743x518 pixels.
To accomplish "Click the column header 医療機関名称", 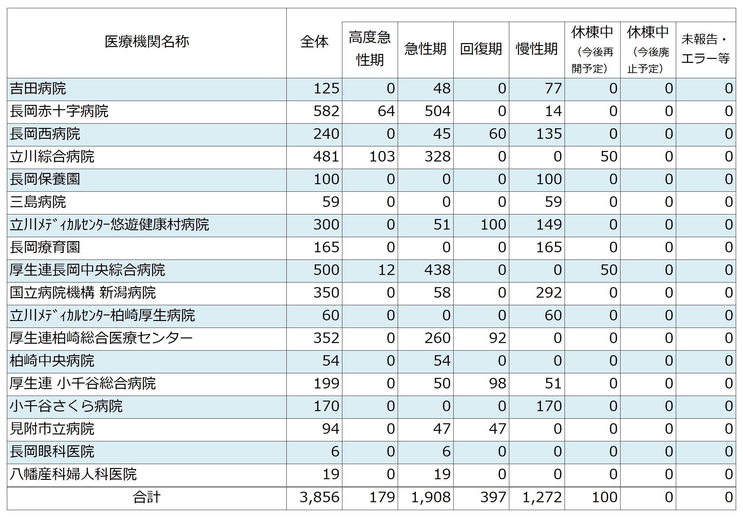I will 147,42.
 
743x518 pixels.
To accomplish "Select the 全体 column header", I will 314,42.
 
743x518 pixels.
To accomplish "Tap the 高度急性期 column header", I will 370,49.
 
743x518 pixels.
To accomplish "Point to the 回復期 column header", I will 481,49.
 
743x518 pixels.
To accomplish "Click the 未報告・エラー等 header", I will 705,49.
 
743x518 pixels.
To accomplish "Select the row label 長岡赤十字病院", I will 59,111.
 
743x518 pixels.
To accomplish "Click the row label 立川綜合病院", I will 52,157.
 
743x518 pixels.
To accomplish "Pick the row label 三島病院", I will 38,202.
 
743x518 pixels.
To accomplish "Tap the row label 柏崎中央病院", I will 52,361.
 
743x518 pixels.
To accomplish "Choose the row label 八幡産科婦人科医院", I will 73,475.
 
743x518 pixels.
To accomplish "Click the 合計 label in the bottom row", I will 147,497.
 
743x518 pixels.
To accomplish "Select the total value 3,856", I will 319,497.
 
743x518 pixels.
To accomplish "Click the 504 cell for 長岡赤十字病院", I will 437,111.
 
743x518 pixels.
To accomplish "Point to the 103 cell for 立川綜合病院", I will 382,157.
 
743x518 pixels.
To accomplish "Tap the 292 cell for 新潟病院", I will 548,293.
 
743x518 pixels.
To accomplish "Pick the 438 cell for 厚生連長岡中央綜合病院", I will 437,270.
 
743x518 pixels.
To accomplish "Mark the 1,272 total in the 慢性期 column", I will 542,497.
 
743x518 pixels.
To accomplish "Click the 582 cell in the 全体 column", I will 326,111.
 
